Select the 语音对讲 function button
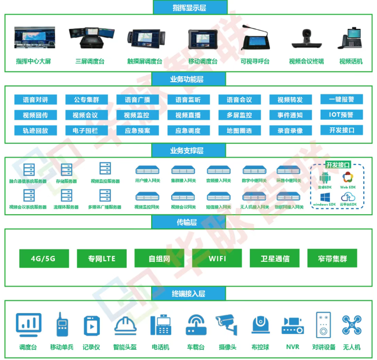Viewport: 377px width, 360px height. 35,100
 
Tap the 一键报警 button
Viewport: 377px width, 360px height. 341,99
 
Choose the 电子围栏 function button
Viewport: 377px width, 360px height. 87,131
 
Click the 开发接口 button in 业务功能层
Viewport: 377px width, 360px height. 341,130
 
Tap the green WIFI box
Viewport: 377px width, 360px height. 217,258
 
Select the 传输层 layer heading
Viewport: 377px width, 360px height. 188,222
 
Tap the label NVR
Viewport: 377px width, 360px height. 292,347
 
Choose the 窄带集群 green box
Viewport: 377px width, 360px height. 333,258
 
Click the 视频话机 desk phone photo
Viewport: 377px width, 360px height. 351,39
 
